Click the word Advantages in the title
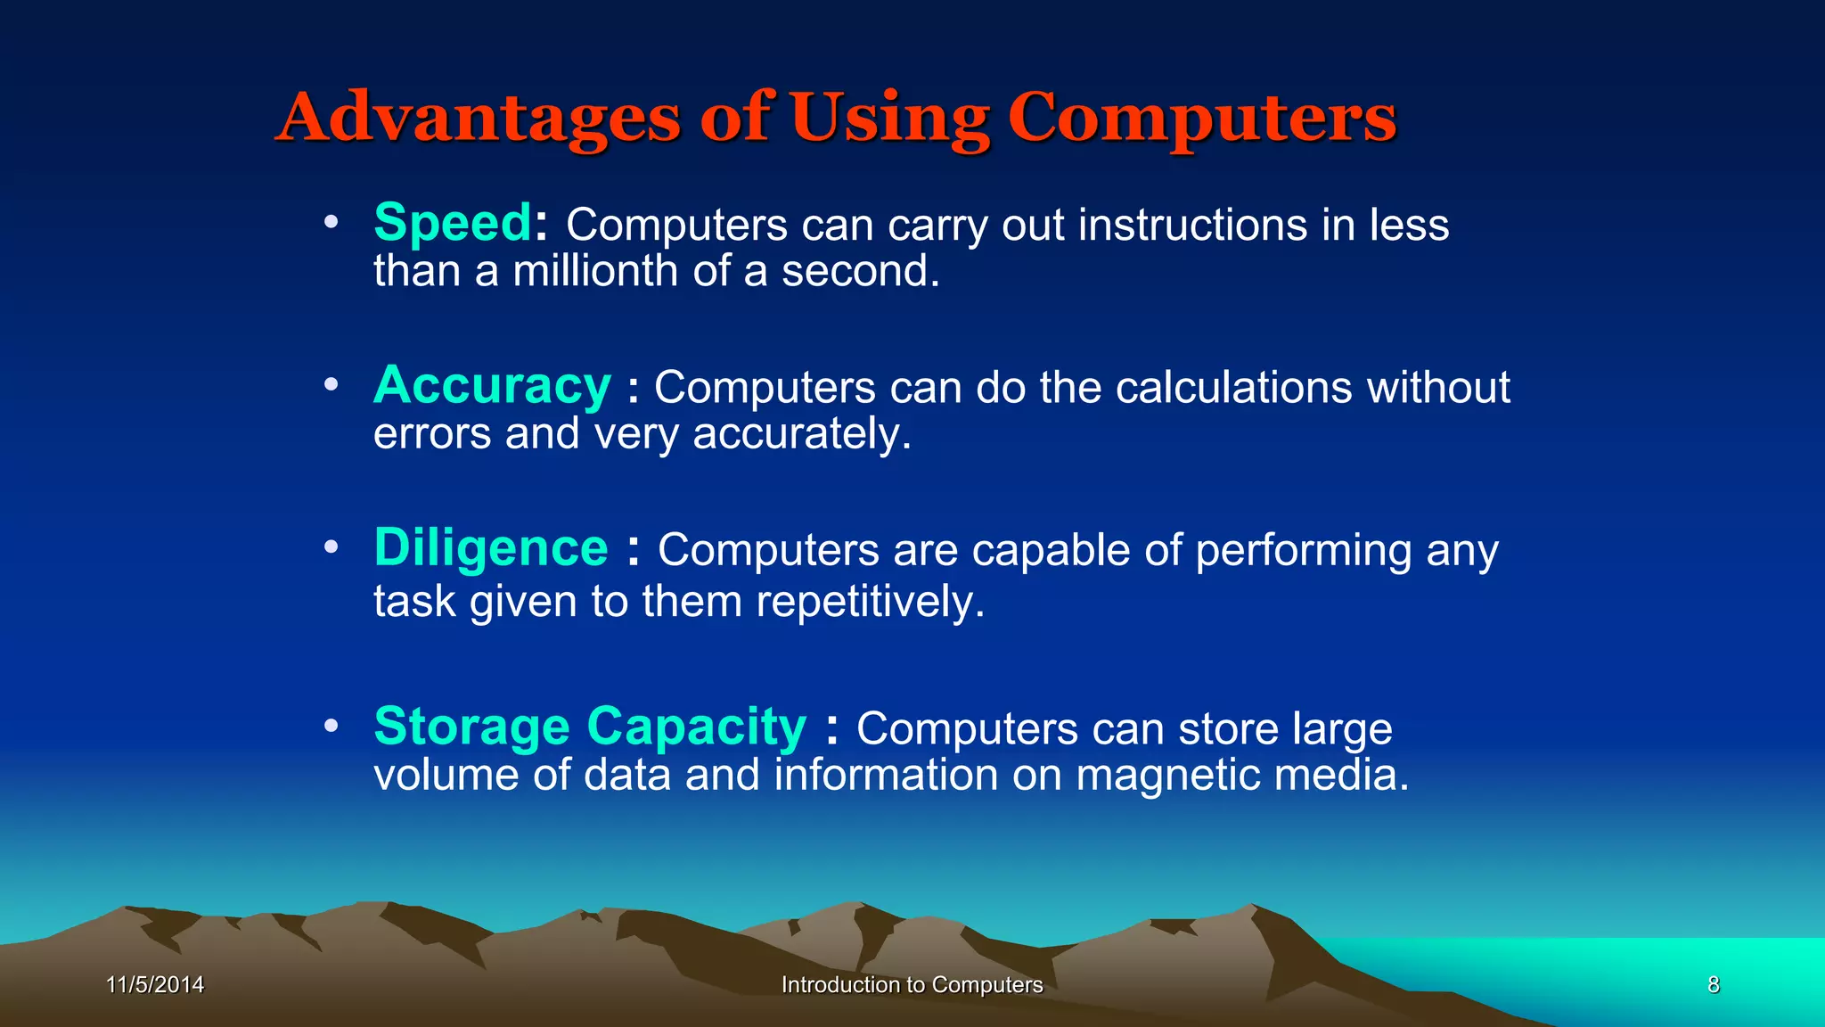479,119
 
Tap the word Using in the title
889,119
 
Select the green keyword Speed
453,222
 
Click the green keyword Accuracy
492,386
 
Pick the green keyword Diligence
491,547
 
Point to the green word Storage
471,727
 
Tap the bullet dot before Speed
331,222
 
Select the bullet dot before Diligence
331,547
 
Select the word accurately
802,434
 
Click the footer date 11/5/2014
155,984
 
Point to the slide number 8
1713,984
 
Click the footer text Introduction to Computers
912,984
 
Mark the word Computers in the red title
1202,119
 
